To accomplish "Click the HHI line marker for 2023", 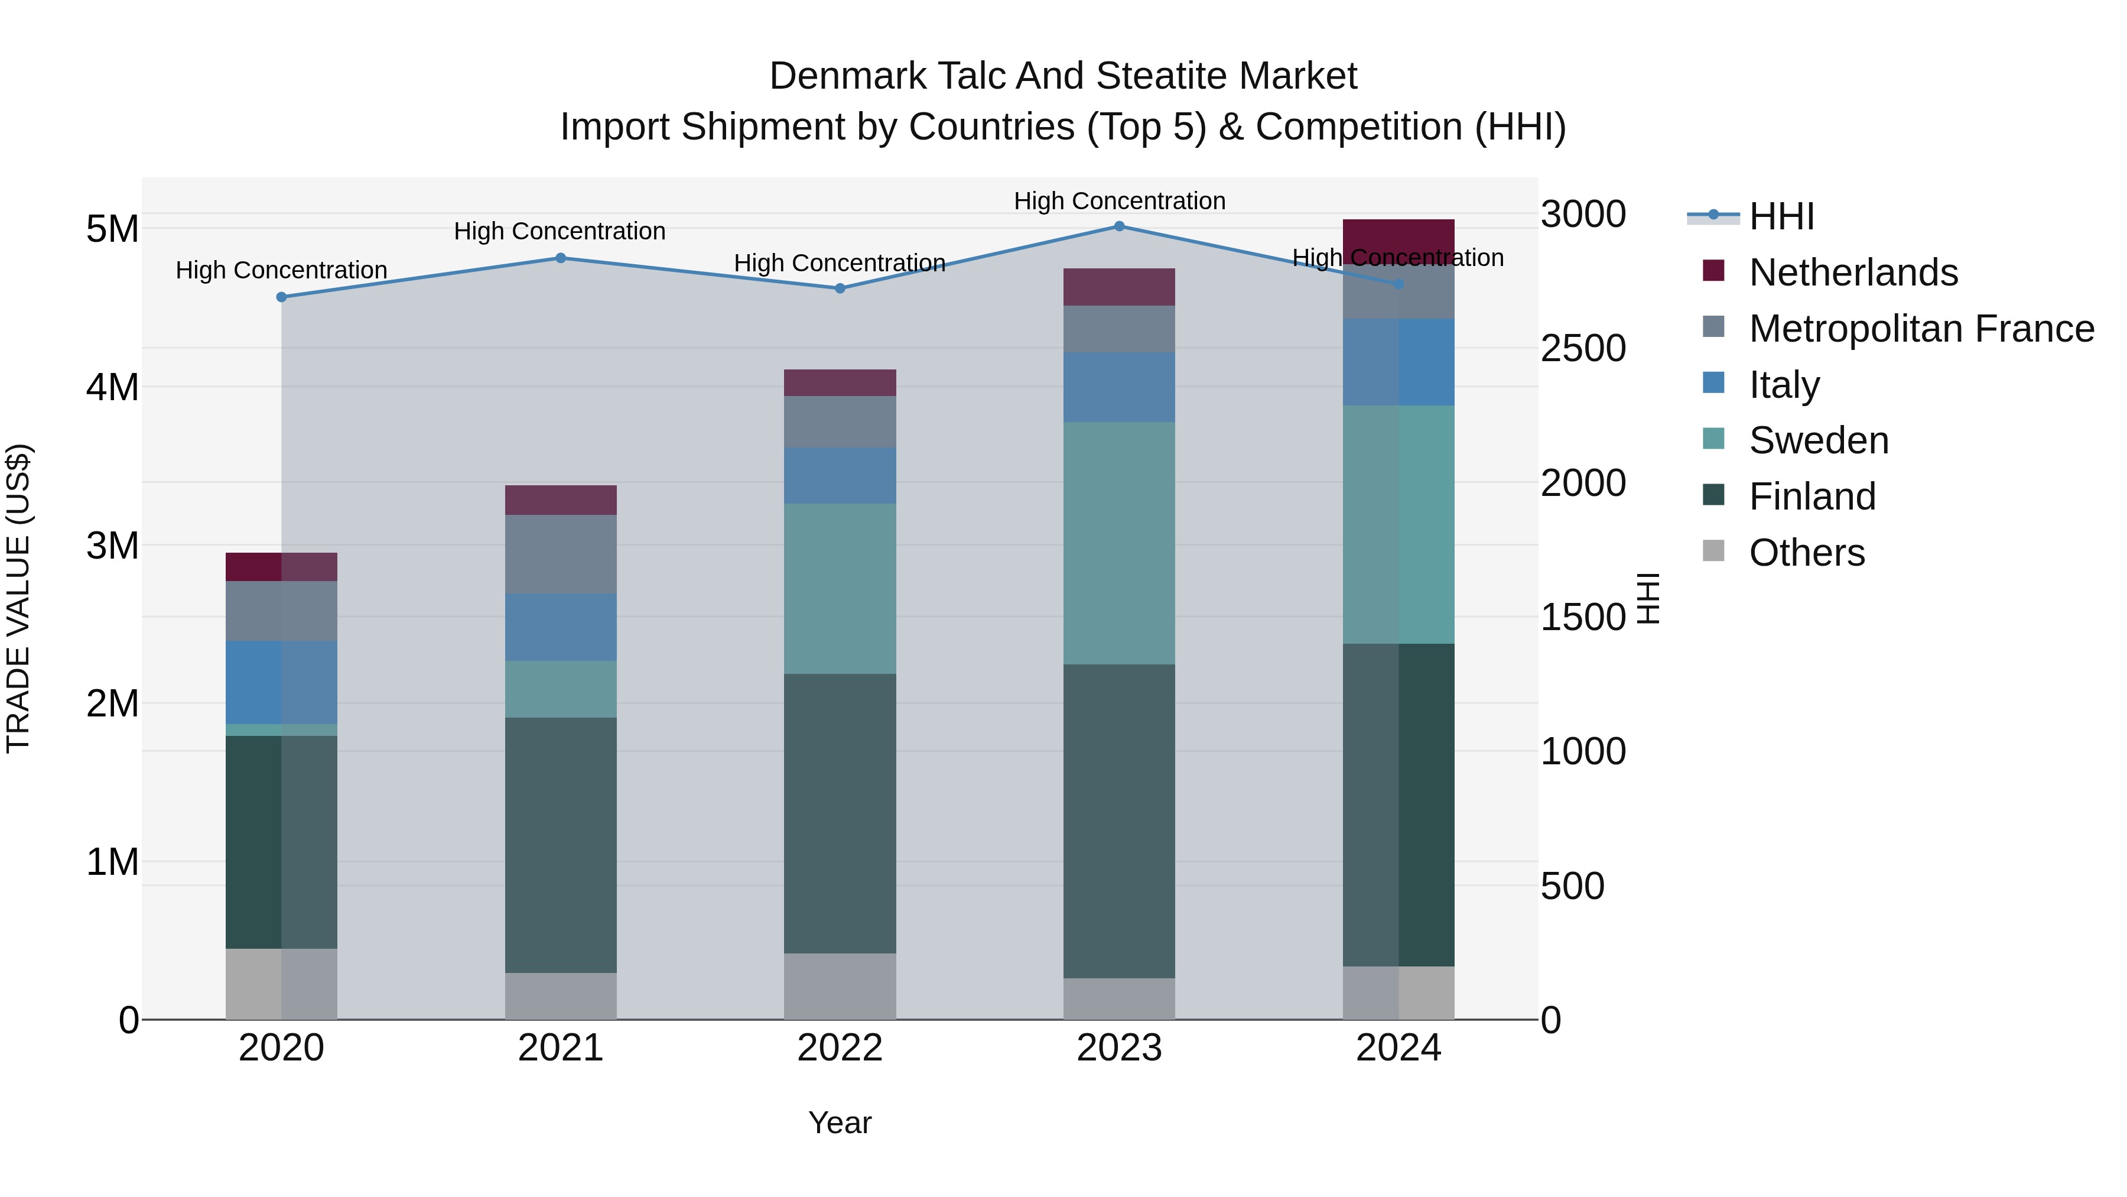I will point(1119,226).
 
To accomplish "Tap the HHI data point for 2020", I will point(282,297).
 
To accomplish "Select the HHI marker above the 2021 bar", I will point(561,258).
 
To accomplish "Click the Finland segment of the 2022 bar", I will point(840,814).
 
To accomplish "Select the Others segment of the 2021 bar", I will point(561,995).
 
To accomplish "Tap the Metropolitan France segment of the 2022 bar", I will point(840,421).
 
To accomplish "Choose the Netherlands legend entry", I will point(1853,273).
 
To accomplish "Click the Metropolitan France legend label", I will point(1921,329).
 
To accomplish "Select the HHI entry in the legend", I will point(1781,216).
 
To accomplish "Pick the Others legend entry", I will point(1807,553).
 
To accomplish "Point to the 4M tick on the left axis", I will point(112,387).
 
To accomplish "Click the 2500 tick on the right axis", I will point(1583,348).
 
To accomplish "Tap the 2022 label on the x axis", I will point(840,1047).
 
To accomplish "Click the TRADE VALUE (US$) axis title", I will point(18,598).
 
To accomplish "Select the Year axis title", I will point(840,1123).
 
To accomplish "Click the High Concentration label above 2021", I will point(560,231).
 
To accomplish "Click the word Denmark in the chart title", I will point(846,76).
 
